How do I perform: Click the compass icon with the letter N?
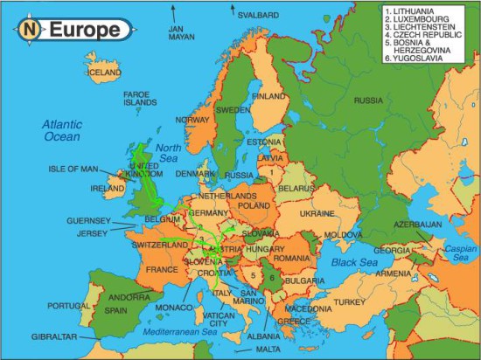tap(31, 30)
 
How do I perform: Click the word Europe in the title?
tap(84, 30)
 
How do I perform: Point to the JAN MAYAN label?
tap(181, 33)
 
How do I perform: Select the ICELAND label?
tap(103, 72)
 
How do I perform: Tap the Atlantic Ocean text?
tap(61, 130)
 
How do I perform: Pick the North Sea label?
tap(168, 153)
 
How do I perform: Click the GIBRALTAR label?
tap(52, 336)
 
